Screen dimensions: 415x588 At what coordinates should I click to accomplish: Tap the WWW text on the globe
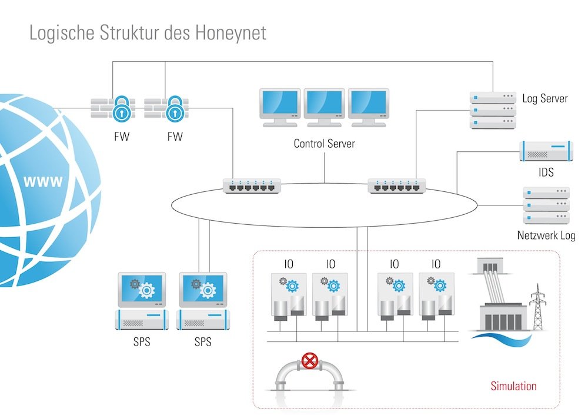pyautogui.click(x=42, y=181)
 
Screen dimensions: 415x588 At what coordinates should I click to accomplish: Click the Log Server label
pyautogui.click(x=545, y=98)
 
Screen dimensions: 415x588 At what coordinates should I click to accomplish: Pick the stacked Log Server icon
pyautogui.click(x=492, y=109)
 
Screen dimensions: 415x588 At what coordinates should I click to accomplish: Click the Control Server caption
pyautogui.click(x=324, y=143)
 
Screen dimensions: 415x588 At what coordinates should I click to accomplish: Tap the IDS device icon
pyautogui.click(x=545, y=151)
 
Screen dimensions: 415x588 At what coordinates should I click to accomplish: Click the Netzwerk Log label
pyautogui.click(x=546, y=236)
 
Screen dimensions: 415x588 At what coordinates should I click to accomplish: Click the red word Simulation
pyautogui.click(x=513, y=386)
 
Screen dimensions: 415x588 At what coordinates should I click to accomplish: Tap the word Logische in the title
pyautogui.click(x=63, y=33)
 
